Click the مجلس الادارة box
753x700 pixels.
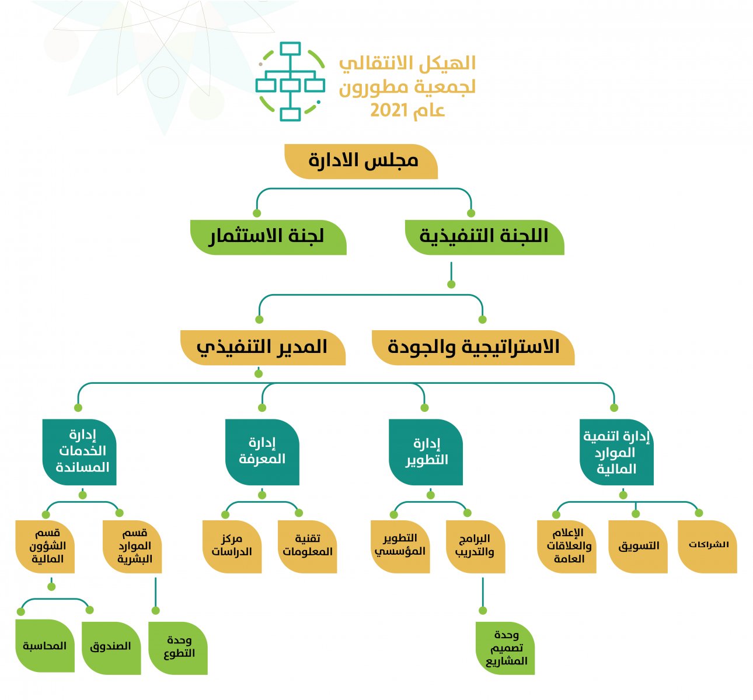361,162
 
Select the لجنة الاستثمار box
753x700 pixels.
268,237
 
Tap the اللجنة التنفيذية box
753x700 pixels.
484,237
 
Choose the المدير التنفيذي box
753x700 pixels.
263,348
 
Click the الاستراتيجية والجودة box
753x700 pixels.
473,348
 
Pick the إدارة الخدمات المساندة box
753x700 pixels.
79,452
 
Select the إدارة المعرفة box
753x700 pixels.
262,452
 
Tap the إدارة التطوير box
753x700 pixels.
426,452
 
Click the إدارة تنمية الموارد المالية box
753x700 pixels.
617,452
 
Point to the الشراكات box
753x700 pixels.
707,547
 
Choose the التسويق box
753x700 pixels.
638,547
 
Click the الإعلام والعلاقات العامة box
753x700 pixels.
567,547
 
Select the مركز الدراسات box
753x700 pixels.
232,547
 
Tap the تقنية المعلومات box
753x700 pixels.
308,547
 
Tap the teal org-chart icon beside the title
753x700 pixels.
291,82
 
